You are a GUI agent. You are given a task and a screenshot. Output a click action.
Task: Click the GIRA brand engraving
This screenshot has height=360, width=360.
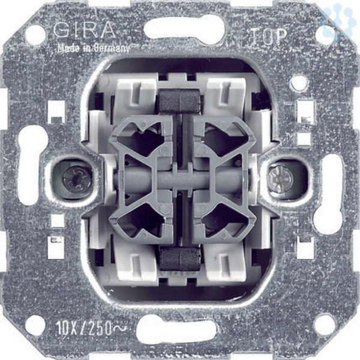tap(84, 30)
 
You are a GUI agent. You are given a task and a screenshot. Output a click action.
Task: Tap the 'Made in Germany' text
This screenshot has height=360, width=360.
tap(94, 48)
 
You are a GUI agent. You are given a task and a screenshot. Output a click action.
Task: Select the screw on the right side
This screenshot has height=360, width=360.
tap(281, 179)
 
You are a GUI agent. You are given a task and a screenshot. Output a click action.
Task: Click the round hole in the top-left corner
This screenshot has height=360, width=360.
tap(35, 35)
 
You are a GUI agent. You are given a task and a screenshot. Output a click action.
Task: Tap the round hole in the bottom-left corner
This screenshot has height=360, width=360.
tap(35, 325)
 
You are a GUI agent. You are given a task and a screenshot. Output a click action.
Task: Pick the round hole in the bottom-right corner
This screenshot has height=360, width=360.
tap(325, 325)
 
